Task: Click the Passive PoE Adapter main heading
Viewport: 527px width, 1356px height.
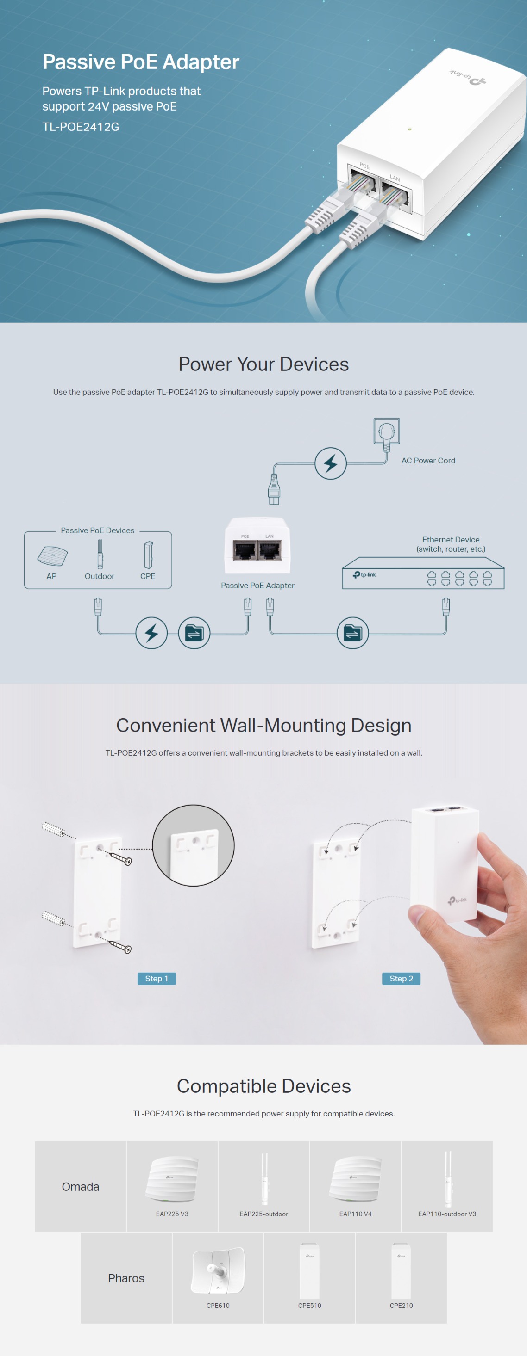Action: pyautogui.click(x=141, y=62)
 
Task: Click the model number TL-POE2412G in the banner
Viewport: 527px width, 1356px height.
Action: pyautogui.click(x=81, y=127)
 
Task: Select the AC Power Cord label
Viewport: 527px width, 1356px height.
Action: pyautogui.click(x=428, y=461)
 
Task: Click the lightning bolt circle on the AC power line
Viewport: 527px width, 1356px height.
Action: pyautogui.click(x=331, y=463)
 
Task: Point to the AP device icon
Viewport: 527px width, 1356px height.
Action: pyautogui.click(x=53, y=556)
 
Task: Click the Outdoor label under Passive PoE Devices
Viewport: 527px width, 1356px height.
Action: pyautogui.click(x=100, y=576)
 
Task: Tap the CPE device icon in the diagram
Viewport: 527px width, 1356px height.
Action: pyautogui.click(x=148, y=555)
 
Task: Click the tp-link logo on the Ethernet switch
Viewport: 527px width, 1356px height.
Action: pyautogui.click(x=364, y=575)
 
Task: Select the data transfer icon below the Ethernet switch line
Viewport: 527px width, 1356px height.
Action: pyautogui.click(x=352, y=633)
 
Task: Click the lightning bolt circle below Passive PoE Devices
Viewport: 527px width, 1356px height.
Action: pyautogui.click(x=152, y=633)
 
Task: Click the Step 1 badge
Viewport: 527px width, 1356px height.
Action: pyautogui.click(x=157, y=979)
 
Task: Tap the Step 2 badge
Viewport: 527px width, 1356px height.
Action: pyautogui.click(x=401, y=979)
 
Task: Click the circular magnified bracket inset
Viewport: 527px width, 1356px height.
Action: pyautogui.click(x=194, y=845)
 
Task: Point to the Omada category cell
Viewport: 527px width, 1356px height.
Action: pyautogui.click(x=81, y=1187)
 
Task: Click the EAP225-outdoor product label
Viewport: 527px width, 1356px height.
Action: pyautogui.click(x=263, y=1214)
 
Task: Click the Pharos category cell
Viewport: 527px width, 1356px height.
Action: pyautogui.click(x=126, y=1278)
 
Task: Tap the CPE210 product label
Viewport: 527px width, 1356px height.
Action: pyautogui.click(x=401, y=1306)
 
